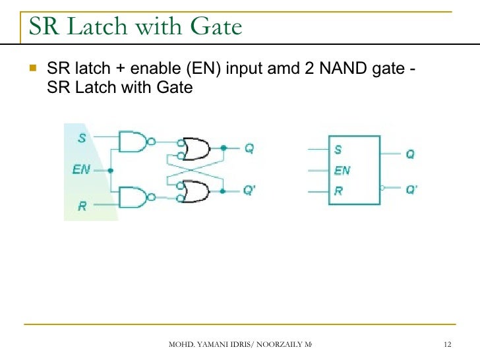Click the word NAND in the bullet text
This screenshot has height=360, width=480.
tap(342, 70)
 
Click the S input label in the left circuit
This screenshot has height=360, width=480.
tap(82, 139)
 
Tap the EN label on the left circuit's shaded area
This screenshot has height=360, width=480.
tap(81, 170)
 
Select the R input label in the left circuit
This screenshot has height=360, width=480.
tap(82, 206)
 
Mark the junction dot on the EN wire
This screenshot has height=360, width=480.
tap(110, 170)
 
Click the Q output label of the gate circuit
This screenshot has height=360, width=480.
tap(249, 148)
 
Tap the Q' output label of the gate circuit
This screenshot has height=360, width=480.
tap(250, 191)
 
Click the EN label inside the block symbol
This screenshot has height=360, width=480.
tap(342, 170)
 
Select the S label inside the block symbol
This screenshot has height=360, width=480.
tap(338, 149)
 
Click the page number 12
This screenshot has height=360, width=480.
tap(448, 345)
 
